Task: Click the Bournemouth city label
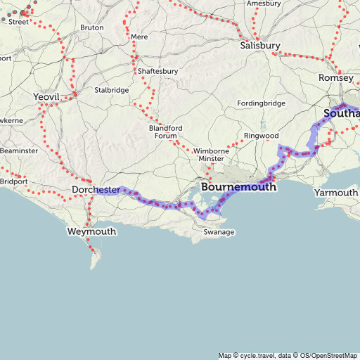point(238,188)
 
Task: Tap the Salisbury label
point(260,46)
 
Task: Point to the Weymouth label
point(91,231)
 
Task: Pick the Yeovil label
point(47,96)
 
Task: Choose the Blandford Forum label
point(167,131)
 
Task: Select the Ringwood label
point(262,136)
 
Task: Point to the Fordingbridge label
point(262,103)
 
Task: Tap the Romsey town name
point(335,77)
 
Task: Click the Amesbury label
point(264,4)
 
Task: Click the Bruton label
point(92,27)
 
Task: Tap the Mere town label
point(140,36)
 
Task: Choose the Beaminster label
point(19,151)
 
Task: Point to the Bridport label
point(13,181)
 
